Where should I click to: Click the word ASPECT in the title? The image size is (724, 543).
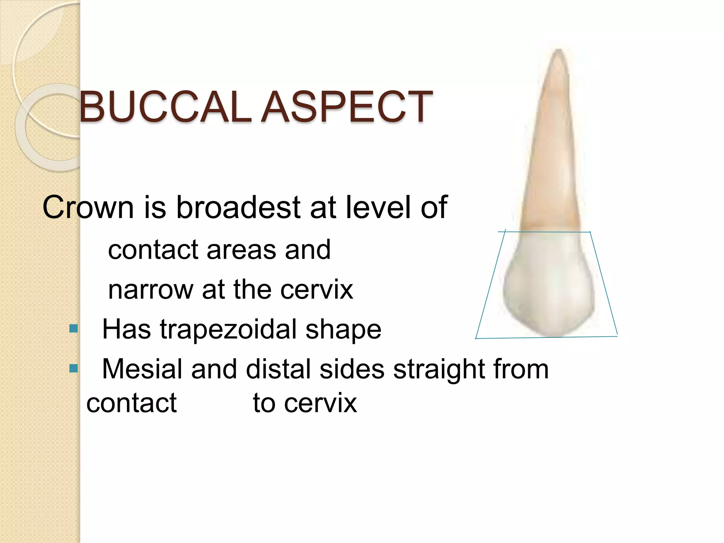(x=347, y=106)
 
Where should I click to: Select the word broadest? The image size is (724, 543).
(x=238, y=207)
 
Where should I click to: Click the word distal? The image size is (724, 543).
(x=279, y=369)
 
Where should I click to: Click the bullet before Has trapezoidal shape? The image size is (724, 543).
(x=74, y=329)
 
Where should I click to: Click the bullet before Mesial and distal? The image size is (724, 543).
(x=74, y=369)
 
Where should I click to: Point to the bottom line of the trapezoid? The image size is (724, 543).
(x=546, y=338)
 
